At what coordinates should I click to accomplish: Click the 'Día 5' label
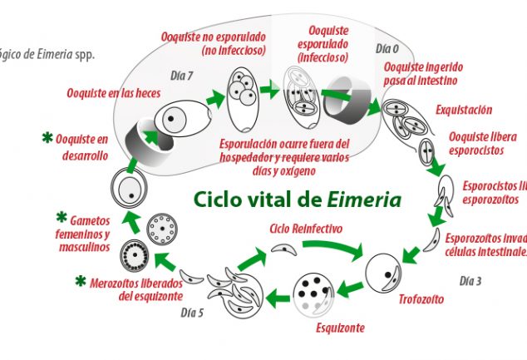click(x=192, y=313)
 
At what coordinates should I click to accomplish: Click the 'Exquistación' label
click(x=465, y=110)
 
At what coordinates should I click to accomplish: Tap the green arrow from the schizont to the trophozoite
click(x=352, y=287)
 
